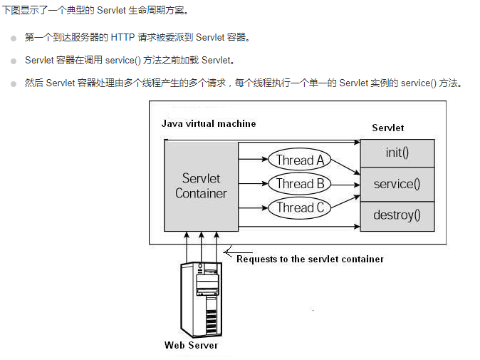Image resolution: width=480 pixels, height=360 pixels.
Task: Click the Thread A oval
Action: tap(300, 160)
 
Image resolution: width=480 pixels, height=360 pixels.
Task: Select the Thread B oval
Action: tap(300, 184)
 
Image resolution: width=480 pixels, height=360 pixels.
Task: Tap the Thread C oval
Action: tap(300, 208)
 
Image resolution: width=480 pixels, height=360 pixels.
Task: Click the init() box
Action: tap(397, 153)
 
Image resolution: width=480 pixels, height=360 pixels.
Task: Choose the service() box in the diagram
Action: tap(397, 184)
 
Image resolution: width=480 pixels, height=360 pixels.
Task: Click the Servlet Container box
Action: tap(201, 186)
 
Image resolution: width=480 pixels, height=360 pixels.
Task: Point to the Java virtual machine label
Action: tap(208, 123)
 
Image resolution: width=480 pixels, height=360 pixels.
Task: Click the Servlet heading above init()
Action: tap(388, 128)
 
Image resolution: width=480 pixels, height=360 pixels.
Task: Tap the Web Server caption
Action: tap(191, 345)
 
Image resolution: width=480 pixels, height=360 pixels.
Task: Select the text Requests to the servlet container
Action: tap(310, 259)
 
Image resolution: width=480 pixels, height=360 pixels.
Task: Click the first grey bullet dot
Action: tap(14, 38)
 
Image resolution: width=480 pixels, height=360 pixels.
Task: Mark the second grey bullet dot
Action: tap(14, 61)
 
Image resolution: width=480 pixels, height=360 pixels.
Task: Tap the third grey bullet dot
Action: tap(14, 83)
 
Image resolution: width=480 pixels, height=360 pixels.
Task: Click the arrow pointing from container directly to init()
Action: tap(299, 143)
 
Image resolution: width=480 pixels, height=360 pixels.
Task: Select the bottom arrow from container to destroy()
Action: tap(299, 227)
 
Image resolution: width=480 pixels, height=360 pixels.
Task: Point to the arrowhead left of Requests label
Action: tap(227, 252)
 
